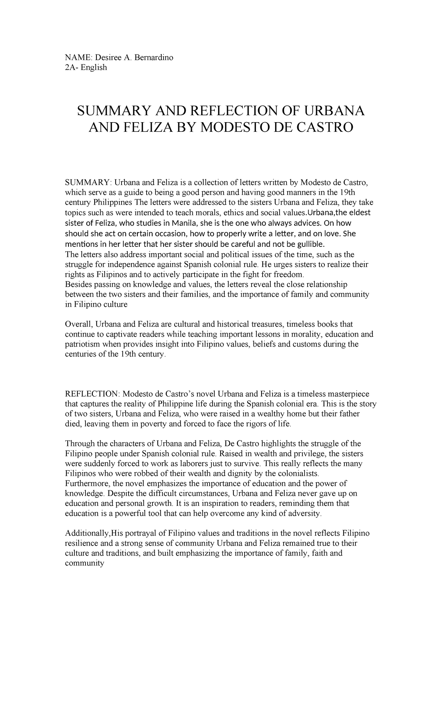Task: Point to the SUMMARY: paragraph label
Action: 88,182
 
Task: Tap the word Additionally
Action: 87,533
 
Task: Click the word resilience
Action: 81,543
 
